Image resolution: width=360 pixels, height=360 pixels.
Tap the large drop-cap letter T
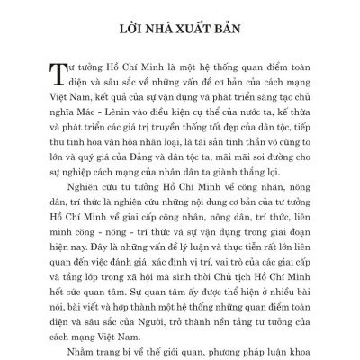point(49,78)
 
